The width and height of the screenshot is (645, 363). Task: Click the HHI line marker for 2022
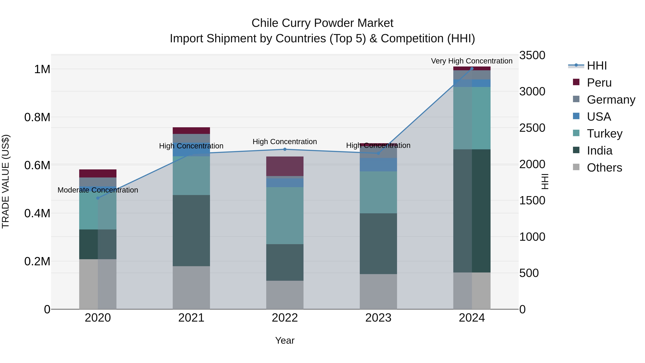click(x=285, y=149)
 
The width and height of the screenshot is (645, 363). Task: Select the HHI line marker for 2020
click(x=98, y=198)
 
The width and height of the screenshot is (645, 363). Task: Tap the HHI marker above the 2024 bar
click(x=472, y=68)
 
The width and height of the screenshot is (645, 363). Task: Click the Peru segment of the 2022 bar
click(x=285, y=166)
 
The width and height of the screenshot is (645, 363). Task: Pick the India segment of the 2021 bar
click(x=191, y=231)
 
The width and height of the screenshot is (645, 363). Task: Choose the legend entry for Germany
click(x=611, y=99)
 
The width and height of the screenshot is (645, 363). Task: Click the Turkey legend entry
click(x=605, y=134)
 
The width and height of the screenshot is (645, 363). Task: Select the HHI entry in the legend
click(x=597, y=66)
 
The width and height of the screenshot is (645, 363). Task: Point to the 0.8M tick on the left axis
click(x=37, y=117)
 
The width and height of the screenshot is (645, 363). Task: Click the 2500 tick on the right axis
click(x=532, y=128)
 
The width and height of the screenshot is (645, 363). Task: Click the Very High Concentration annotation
click(x=472, y=61)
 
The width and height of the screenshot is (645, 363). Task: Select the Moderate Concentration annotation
click(x=98, y=190)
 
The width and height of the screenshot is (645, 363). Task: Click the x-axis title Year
click(x=285, y=340)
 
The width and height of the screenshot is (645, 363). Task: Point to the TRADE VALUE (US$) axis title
click(x=6, y=181)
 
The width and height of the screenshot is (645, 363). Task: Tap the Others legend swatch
click(x=576, y=167)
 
